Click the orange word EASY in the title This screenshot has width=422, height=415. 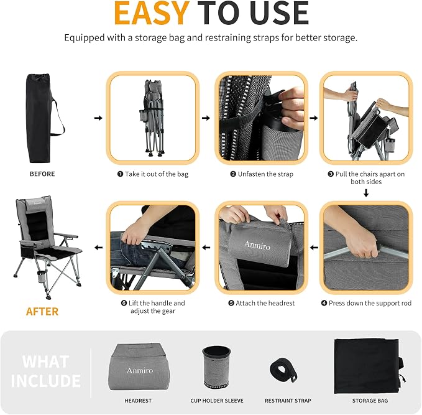tap(152, 14)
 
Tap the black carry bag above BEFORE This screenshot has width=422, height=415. tap(40, 118)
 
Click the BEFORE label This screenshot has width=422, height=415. tap(42, 174)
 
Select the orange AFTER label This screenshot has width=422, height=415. tap(42, 312)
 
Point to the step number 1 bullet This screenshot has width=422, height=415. tap(121, 174)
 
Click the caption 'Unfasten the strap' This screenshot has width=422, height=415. tap(265, 174)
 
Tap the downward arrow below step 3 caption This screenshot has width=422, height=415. tap(366, 193)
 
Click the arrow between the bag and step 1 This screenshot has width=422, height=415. tap(98, 118)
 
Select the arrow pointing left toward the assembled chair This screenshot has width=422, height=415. tap(98, 248)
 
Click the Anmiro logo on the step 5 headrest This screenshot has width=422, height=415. tap(257, 246)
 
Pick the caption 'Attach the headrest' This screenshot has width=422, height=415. tap(265, 303)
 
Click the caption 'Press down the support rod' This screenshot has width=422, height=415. tap(370, 303)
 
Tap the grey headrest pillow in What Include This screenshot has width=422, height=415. tap(139, 366)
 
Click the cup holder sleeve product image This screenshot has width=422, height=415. tap(217, 367)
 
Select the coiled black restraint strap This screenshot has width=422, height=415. tap(283, 370)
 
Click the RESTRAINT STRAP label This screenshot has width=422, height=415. tap(288, 401)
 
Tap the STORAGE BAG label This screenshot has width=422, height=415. tap(370, 401)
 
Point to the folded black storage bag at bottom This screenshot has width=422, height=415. tap(369, 366)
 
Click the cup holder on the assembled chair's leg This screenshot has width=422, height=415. tap(42, 276)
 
